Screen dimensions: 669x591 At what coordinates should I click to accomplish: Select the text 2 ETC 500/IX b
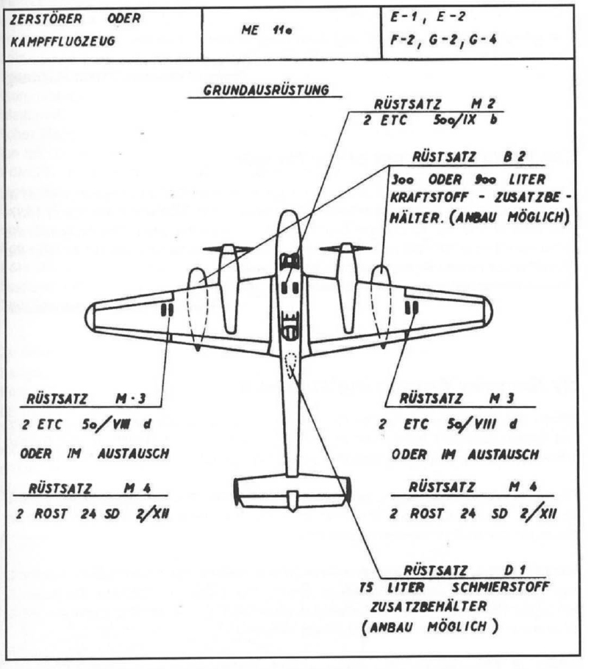click(429, 122)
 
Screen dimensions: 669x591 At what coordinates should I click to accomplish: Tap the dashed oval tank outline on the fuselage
click(292, 364)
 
